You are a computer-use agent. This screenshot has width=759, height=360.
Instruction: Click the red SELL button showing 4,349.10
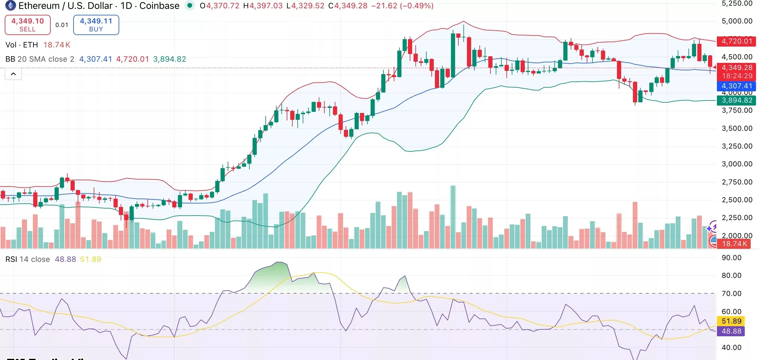coord(28,25)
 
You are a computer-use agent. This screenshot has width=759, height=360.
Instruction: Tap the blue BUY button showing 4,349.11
coord(96,25)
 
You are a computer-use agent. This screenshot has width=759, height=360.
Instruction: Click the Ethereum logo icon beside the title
coord(10,5)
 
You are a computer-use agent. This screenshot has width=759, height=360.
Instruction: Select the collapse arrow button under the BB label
coord(13,74)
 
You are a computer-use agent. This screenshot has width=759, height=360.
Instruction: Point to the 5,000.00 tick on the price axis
coord(737,21)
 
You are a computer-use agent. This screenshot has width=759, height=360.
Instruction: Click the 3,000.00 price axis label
coord(737,164)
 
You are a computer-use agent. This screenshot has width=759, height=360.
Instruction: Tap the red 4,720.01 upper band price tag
coord(737,41)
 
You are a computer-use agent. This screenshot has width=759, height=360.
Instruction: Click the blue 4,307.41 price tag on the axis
coord(737,86)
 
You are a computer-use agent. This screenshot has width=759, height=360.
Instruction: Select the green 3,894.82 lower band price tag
coord(737,100)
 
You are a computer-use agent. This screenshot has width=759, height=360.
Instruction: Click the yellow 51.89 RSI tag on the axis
coord(731,321)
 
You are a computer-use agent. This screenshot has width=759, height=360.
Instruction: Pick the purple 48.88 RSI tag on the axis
coord(731,331)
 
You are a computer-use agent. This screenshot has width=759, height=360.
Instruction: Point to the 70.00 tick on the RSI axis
coord(731,294)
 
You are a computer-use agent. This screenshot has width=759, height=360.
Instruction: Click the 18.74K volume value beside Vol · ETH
coord(57,45)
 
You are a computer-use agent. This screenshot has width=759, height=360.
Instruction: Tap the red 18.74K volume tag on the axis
coord(734,244)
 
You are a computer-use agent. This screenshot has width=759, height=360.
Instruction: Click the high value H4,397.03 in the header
coord(263,6)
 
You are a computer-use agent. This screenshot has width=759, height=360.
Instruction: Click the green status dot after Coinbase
coord(190,5)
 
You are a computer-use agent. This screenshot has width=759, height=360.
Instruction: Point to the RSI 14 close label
coord(28,259)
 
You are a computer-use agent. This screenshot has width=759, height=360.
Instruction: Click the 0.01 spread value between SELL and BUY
coord(62,25)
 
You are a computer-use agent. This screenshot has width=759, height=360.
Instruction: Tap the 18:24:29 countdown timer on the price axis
coord(737,76)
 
